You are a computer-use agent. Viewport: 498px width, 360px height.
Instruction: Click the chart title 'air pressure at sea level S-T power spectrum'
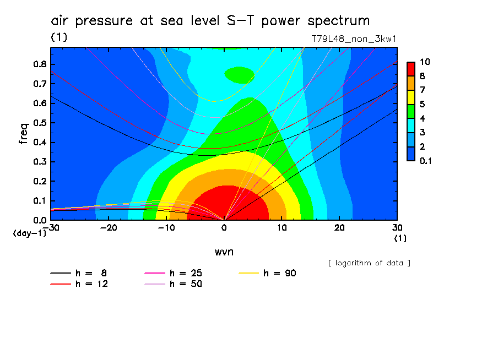coord(210,21)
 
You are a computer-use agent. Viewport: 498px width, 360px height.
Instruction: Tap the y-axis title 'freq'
coord(23,133)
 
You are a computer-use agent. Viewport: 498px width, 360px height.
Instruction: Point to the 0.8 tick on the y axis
coord(40,64)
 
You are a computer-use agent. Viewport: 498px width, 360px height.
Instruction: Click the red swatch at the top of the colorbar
coord(410,69)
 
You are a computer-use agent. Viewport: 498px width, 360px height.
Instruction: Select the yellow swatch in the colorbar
coord(410,97)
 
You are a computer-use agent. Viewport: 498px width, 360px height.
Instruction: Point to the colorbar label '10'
coord(425,62)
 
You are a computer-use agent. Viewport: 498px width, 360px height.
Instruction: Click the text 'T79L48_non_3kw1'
coord(354,39)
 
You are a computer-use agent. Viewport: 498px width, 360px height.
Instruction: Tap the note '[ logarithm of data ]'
coord(369,263)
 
